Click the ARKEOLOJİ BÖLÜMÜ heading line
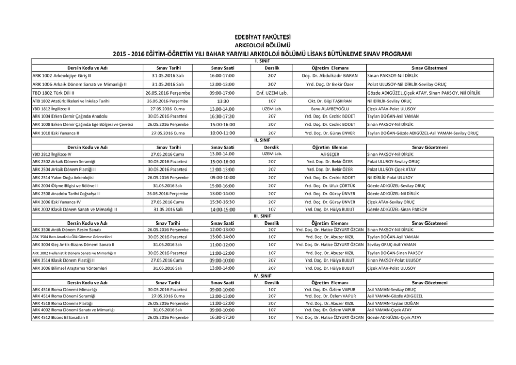257,45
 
